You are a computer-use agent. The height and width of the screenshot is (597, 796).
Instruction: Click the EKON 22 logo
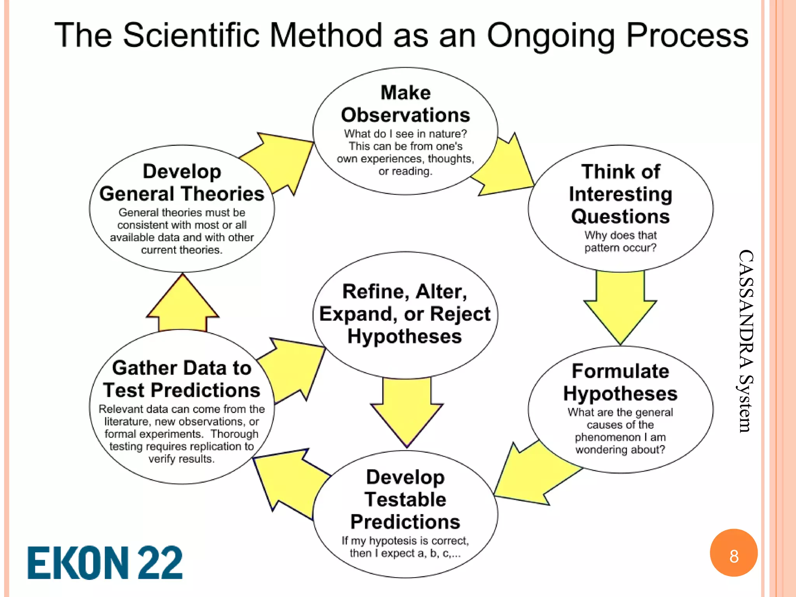(105, 562)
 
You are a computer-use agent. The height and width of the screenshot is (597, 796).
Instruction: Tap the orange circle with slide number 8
(733, 553)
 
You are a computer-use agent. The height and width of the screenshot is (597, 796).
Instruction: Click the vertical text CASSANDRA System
(745, 341)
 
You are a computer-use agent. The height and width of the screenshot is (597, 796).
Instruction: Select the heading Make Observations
(405, 104)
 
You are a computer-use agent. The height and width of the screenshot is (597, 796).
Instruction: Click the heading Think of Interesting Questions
(620, 194)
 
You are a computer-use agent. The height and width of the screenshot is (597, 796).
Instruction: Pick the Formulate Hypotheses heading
(620, 382)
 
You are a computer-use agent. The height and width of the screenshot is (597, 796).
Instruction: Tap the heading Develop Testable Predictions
(405, 499)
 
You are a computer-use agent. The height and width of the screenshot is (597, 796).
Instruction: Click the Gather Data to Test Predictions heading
(182, 379)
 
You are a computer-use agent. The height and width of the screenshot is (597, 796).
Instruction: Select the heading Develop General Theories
(182, 183)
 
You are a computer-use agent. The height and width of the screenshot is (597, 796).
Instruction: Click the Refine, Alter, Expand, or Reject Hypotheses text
(405, 314)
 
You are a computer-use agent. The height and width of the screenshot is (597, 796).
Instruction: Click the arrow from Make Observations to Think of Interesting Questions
(505, 167)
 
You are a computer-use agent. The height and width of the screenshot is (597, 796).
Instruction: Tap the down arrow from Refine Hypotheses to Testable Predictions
(407, 408)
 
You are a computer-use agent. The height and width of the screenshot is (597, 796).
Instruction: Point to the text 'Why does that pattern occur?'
(620, 241)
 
